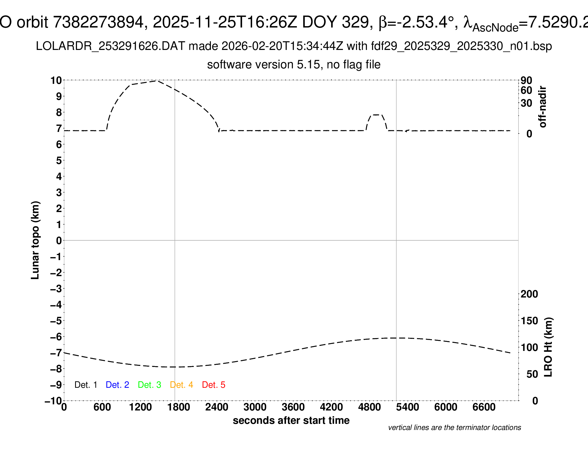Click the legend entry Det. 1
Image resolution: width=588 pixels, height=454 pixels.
[x=86, y=385]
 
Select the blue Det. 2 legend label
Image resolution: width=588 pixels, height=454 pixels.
[x=117, y=385]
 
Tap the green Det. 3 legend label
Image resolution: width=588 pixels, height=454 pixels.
[x=149, y=385]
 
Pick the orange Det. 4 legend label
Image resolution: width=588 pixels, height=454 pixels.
[x=181, y=385]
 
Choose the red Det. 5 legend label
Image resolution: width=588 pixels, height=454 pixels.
[x=214, y=385]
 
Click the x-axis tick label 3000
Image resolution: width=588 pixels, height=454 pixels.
[x=255, y=407]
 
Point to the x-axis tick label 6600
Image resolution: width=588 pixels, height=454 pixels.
[x=484, y=407]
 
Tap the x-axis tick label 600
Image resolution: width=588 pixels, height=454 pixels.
[x=102, y=407]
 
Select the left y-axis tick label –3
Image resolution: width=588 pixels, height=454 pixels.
[x=56, y=289]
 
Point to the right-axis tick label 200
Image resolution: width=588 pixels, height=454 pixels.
[x=529, y=294]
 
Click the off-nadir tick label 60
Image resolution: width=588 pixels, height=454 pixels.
[x=526, y=90]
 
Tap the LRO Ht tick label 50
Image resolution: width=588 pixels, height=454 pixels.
[x=532, y=374]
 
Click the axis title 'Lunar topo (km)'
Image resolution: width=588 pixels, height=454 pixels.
[x=35, y=240]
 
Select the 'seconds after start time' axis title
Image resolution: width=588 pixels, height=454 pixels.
[x=291, y=420]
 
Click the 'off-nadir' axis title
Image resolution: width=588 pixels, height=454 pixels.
[x=543, y=107]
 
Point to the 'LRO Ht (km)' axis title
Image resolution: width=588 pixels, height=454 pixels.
[x=548, y=347]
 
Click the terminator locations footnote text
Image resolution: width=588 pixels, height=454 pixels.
[x=454, y=428]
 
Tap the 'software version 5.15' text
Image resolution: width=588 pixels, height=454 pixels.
[x=294, y=65]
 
